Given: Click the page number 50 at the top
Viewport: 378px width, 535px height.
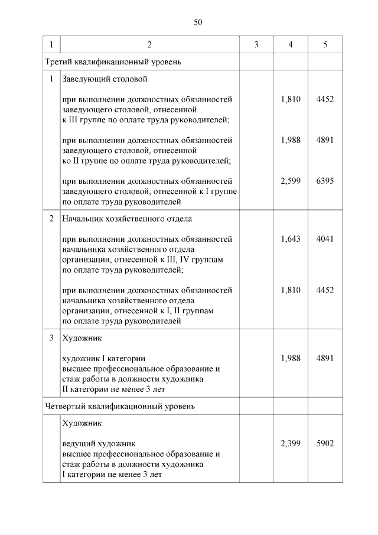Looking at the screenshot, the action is [x=198, y=22].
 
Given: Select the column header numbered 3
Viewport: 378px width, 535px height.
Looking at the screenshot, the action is [x=256, y=45].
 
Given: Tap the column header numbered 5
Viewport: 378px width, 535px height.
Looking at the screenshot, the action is [x=325, y=45].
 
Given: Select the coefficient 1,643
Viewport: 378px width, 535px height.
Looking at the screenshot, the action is [x=291, y=239].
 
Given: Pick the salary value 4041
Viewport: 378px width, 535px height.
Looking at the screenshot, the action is [x=325, y=239].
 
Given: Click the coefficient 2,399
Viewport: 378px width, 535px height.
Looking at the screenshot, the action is [x=291, y=443].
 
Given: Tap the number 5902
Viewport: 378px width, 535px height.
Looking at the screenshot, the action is [x=325, y=443].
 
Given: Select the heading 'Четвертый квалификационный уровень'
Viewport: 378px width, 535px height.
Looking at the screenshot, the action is [x=120, y=406].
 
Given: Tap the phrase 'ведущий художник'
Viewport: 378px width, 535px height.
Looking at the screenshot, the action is [x=99, y=443].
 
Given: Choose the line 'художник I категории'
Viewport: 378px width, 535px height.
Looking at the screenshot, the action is [x=104, y=358].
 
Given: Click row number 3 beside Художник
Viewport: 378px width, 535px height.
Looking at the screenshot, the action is [x=51, y=338].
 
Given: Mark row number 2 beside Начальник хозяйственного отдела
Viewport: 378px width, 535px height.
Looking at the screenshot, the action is [x=51, y=219].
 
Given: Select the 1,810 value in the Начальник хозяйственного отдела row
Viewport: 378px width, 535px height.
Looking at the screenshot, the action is [x=291, y=290].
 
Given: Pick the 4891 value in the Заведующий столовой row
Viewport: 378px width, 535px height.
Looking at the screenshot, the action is [x=325, y=140].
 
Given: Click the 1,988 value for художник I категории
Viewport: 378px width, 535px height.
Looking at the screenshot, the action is [x=291, y=358].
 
